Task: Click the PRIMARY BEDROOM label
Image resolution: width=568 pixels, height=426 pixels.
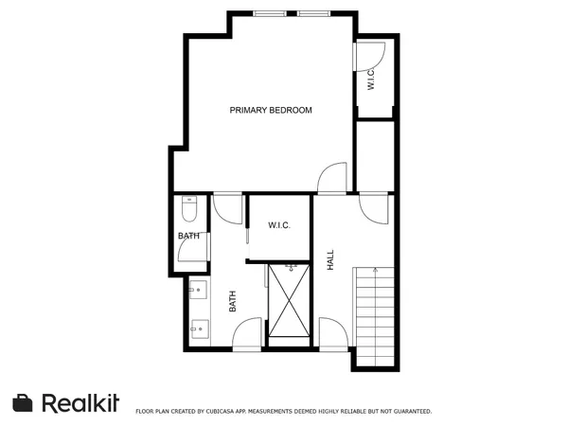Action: click(271, 111)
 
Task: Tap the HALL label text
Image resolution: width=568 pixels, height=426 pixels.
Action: click(330, 260)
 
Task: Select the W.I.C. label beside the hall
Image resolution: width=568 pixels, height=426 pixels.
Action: click(278, 225)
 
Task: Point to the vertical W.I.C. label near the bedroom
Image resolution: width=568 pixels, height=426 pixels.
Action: click(371, 80)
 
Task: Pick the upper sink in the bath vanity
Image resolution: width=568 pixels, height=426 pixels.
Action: click(199, 290)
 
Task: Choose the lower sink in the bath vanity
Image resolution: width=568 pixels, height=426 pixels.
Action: click(199, 328)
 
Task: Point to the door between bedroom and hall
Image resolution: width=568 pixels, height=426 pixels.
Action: click(333, 177)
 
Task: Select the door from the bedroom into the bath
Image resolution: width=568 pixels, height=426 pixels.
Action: click(227, 206)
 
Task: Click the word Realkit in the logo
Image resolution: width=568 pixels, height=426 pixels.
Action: click(80, 402)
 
